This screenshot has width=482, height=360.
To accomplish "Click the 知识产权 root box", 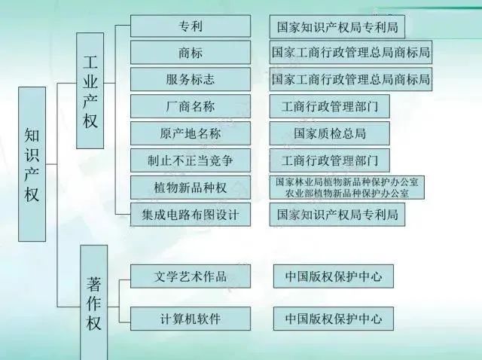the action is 32,164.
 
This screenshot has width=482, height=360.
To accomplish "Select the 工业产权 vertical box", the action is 90,90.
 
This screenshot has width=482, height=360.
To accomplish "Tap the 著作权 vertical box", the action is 93,303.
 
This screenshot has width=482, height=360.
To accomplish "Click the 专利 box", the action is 191,26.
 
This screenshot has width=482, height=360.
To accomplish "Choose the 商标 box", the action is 191,53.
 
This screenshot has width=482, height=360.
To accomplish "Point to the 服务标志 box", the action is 191,80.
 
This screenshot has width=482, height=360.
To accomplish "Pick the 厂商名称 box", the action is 191,106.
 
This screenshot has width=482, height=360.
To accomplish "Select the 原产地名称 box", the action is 191,133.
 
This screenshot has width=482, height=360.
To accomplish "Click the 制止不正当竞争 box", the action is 191,160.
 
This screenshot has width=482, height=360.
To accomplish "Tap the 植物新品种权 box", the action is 191,188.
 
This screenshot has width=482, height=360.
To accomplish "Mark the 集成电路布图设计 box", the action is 191,215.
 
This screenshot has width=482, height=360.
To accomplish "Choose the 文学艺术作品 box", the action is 191,276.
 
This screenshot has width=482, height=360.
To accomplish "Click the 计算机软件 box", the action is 191,319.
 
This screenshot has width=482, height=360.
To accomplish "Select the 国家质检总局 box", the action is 330,133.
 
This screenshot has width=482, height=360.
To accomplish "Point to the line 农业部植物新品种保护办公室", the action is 347,194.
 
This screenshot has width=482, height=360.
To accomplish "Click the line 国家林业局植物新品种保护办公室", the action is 347,182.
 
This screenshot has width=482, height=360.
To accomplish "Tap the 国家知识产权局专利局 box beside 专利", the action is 337,27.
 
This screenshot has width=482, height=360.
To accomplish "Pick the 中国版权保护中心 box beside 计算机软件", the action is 334,319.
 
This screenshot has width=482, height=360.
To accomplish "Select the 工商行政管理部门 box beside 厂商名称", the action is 330,106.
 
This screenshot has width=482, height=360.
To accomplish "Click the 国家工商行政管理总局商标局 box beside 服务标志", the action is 351,80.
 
